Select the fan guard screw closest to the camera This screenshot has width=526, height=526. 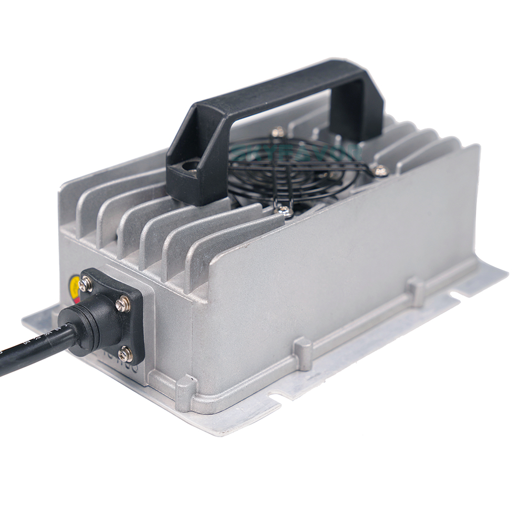284,211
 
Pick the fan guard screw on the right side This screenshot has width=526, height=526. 380,170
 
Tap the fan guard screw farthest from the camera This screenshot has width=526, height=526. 278,131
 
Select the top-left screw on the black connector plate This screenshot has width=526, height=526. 85,285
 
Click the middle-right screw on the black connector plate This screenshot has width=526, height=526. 123,304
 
